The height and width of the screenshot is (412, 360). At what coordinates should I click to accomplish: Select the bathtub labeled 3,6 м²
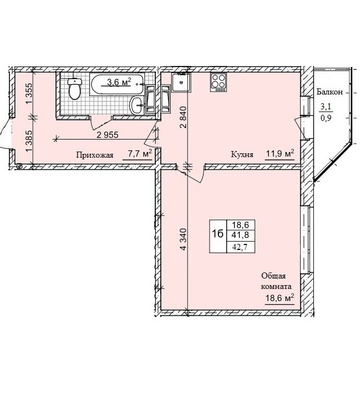point(117,85)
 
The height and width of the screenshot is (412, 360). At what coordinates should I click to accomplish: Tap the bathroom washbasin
point(137,105)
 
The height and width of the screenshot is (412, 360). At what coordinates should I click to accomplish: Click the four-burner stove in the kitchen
point(218,82)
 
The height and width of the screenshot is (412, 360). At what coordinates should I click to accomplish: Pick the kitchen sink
point(181,82)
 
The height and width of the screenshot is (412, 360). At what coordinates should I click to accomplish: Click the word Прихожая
point(95,155)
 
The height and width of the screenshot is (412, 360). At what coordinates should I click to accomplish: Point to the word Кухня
point(242,154)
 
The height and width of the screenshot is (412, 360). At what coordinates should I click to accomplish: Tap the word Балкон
point(329,92)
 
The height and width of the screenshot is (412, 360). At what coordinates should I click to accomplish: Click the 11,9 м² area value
point(280,153)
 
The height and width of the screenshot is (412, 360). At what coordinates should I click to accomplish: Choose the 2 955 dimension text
point(108,135)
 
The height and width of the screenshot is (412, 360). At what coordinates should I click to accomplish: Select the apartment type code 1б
point(218,233)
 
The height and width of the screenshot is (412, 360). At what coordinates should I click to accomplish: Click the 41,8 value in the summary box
point(240,235)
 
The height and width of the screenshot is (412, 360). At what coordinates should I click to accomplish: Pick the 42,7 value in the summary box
point(240,247)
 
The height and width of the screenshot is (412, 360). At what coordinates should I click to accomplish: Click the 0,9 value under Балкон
point(326,118)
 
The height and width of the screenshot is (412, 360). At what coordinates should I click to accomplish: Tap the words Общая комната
point(276,281)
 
